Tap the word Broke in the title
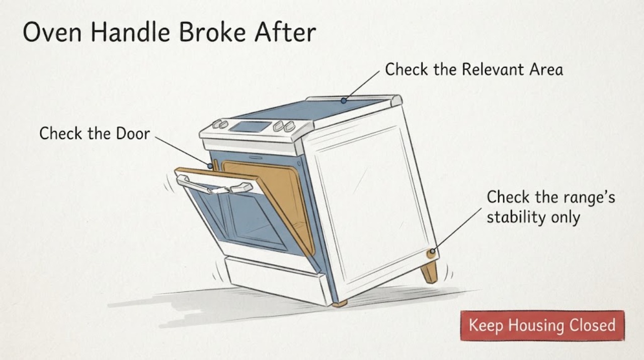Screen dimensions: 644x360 (x=212, y=32)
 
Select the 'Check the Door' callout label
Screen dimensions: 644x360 (x=95, y=133)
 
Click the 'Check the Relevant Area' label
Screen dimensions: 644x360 (x=474, y=69)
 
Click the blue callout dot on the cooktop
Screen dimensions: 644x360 (x=344, y=101)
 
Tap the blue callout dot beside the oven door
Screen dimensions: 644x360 (x=210, y=166)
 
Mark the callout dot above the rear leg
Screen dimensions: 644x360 (x=432, y=251)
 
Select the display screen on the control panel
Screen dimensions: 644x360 (x=250, y=126)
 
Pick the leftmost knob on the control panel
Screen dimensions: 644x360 (x=216, y=124)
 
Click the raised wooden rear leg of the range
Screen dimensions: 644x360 (x=429, y=272)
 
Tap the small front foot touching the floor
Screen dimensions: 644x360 (x=339, y=304)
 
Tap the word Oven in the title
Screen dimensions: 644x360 (x=52, y=32)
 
